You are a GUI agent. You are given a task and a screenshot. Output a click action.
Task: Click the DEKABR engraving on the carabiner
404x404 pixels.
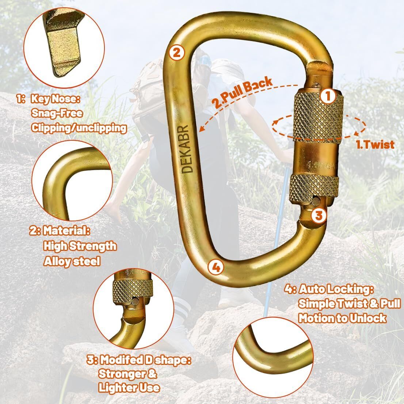pyautogui.click(x=187, y=149)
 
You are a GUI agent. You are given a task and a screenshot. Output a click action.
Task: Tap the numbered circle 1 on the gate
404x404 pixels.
pyautogui.click(x=328, y=96)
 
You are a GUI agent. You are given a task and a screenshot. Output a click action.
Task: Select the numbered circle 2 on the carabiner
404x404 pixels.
pyautogui.click(x=177, y=53)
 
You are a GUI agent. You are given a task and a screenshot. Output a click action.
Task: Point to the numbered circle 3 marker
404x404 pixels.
pyautogui.click(x=319, y=215)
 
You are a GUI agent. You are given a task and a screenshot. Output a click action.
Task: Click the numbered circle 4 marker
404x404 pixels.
pyautogui.click(x=216, y=267)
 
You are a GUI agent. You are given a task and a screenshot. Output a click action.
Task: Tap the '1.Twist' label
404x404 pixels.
pyautogui.click(x=375, y=145)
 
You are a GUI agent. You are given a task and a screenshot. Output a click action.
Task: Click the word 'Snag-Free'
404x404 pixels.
pyautogui.click(x=57, y=113)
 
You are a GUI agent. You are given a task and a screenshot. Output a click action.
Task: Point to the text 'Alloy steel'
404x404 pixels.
pyautogui.click(x=72, y=261)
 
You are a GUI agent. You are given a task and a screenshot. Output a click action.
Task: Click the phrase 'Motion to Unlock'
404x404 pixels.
pyautogui.click(x=342, y=319)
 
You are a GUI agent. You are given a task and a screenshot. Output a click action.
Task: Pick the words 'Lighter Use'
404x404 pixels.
pyautogui.click(x=129, y=388)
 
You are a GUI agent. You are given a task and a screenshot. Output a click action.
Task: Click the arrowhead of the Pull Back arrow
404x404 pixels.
pyautogui.click(x=202, y=129)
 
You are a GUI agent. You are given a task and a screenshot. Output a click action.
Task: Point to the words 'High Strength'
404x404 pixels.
pyautogui.click(x=80, y=246)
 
